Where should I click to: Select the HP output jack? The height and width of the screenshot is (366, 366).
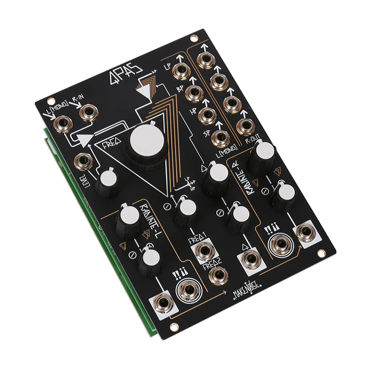click(207, 115)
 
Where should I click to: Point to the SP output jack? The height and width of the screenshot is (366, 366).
click(220, 137)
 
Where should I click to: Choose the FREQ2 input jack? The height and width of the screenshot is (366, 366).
click(218, 275)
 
